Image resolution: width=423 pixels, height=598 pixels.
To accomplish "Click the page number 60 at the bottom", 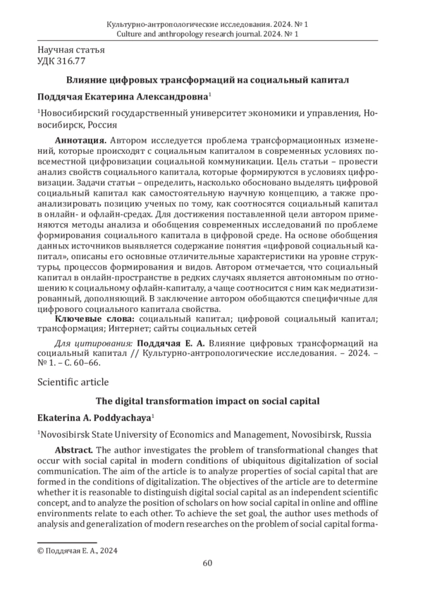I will (x=207, y=562).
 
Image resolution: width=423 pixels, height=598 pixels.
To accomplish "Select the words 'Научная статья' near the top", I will (x=69, y=50).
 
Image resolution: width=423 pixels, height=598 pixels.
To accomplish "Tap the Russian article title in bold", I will (x=207, y=80).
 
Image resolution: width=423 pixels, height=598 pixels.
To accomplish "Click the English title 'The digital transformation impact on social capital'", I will (x=207, y=400).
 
